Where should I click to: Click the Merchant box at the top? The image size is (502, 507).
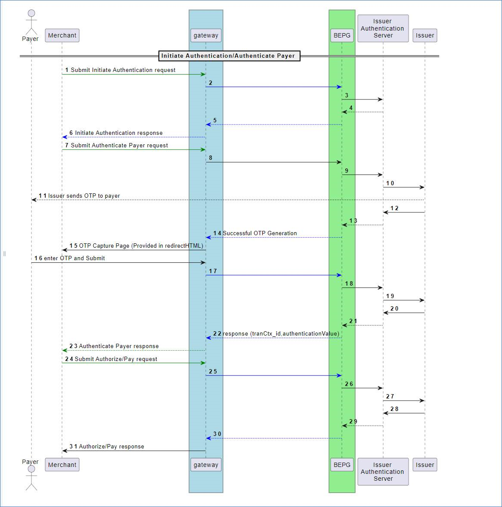pos(62,35)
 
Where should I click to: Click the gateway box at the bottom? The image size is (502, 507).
pos(206,465)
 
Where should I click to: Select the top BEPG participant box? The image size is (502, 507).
pos(342,35)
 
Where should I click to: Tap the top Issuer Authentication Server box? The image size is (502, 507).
pos(383,28)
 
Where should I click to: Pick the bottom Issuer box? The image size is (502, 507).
pos(425,465)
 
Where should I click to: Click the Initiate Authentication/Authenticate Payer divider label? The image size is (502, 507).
pos(228,56)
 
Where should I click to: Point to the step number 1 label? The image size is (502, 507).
pos(67,70)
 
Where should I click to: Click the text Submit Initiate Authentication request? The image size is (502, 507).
pos(123,70)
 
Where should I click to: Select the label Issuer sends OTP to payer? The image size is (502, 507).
pos(84,196)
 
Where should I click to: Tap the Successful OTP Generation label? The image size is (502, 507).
pos(260,233)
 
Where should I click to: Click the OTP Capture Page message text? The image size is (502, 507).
pos(141,246)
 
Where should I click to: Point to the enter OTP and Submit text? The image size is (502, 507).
pos(74,258)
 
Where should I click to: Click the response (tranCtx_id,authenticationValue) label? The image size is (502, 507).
pos(281,333)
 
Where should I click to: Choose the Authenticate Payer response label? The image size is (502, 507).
pos(119,346)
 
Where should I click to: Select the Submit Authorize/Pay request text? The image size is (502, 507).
pos(116,359)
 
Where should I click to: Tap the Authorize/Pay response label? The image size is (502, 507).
pos(112,446)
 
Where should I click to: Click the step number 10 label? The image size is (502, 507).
pos(390,183)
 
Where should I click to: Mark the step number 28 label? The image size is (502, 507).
pos(394,409)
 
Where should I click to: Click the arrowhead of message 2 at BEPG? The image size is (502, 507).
pos(339,87)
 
